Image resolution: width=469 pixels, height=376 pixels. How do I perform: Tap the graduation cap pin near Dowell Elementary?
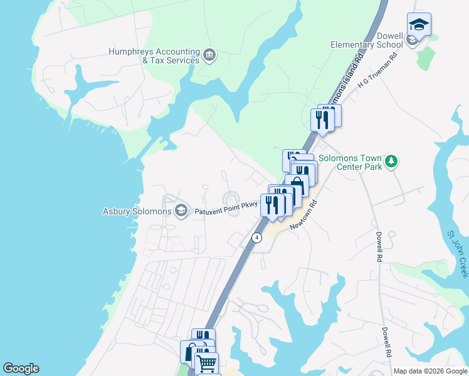point(419,24)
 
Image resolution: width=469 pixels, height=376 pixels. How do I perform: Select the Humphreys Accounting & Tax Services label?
point(154,56)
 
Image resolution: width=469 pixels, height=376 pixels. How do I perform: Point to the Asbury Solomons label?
point(137,211)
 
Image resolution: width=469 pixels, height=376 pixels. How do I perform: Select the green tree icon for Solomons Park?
point(391,162)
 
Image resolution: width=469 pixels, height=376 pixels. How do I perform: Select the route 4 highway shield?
point(256,238)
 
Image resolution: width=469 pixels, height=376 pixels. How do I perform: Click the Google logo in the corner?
point(21,368)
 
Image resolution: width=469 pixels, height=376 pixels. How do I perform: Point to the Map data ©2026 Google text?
point(429,371)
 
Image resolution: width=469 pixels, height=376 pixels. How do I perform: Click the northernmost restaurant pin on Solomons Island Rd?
point(322,118)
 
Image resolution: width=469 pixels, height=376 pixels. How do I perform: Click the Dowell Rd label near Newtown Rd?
point(379,247)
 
